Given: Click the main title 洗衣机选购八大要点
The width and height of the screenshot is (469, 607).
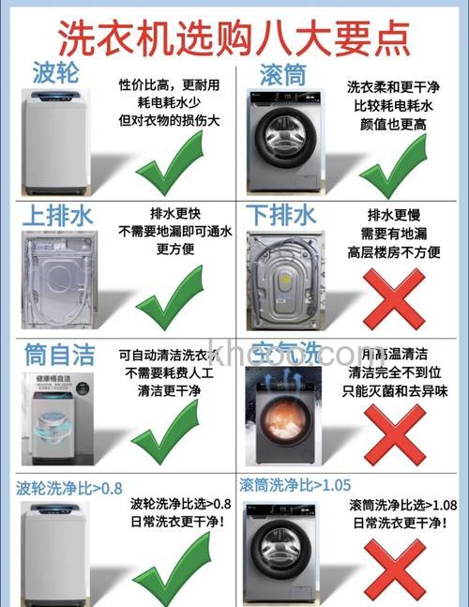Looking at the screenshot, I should [x=234, y=36].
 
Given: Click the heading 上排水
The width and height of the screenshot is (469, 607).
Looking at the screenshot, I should [x=57, y=215].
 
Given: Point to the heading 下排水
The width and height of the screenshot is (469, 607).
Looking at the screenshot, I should [x=280, y=215].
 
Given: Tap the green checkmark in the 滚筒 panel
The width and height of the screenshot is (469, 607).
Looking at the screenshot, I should [x=394, y=165].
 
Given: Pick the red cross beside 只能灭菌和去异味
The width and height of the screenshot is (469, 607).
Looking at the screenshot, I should [x=394, y=434].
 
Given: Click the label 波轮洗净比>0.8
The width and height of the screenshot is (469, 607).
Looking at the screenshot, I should [x=69, y=488].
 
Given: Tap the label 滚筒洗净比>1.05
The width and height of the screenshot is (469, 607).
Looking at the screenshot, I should [x=295, y=485].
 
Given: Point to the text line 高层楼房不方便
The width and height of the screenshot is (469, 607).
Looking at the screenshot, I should [x=395, y=251].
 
